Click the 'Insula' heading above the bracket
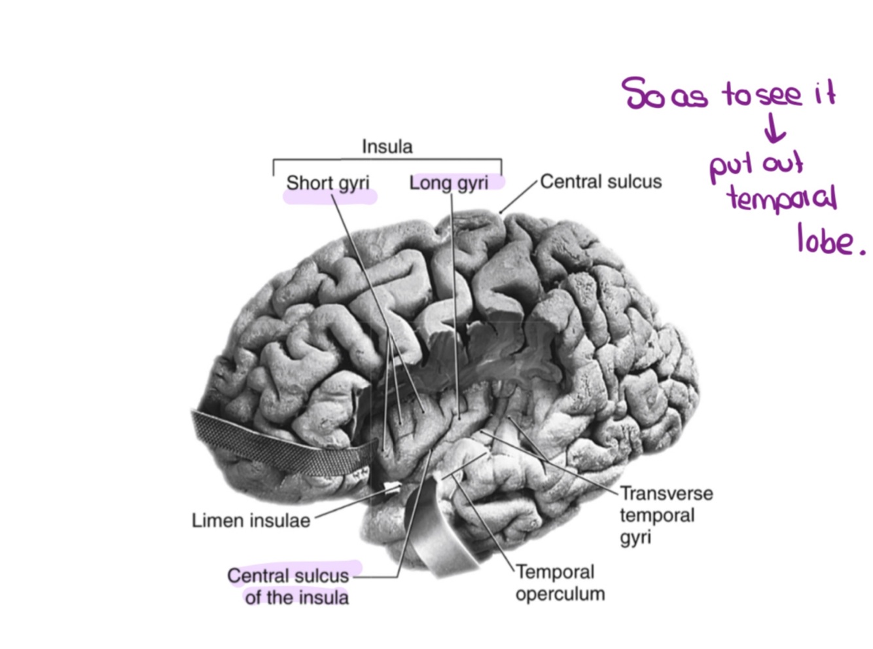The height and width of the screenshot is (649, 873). point(387,146)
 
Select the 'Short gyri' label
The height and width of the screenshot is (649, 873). point(327,183)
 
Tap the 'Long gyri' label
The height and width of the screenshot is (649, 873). point(449,183)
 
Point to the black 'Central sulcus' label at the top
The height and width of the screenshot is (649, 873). point(600,181)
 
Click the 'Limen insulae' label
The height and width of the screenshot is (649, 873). point(251,521)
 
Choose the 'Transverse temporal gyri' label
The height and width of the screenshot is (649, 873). point(666,515)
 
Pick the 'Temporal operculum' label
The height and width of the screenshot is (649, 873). point(560,583)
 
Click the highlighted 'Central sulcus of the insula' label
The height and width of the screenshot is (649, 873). point(289,586)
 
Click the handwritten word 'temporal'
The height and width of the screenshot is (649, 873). point(781,198)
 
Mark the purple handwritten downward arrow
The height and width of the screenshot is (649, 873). point(774,128)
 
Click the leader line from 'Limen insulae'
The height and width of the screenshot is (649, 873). point(347,506)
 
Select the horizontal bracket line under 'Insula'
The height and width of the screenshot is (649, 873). point(387,159)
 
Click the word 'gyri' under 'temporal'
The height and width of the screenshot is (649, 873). point(635,538)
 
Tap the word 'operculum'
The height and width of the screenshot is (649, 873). point(560,595)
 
